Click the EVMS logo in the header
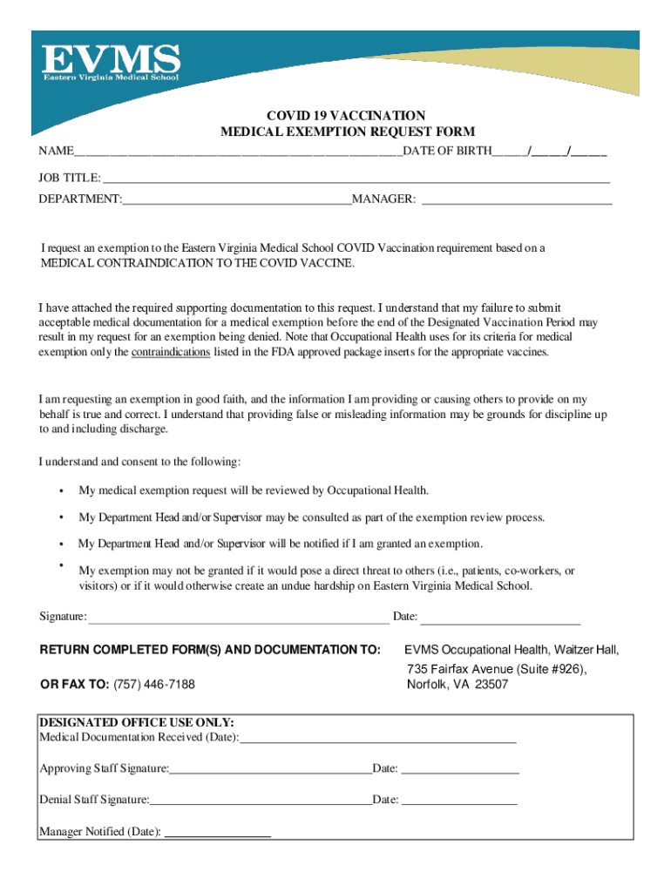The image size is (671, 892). (112, 64)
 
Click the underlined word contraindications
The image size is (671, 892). (171, 353)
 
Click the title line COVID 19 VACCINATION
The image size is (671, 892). (346, 116)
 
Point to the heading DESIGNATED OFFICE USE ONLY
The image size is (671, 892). (137, 723)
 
